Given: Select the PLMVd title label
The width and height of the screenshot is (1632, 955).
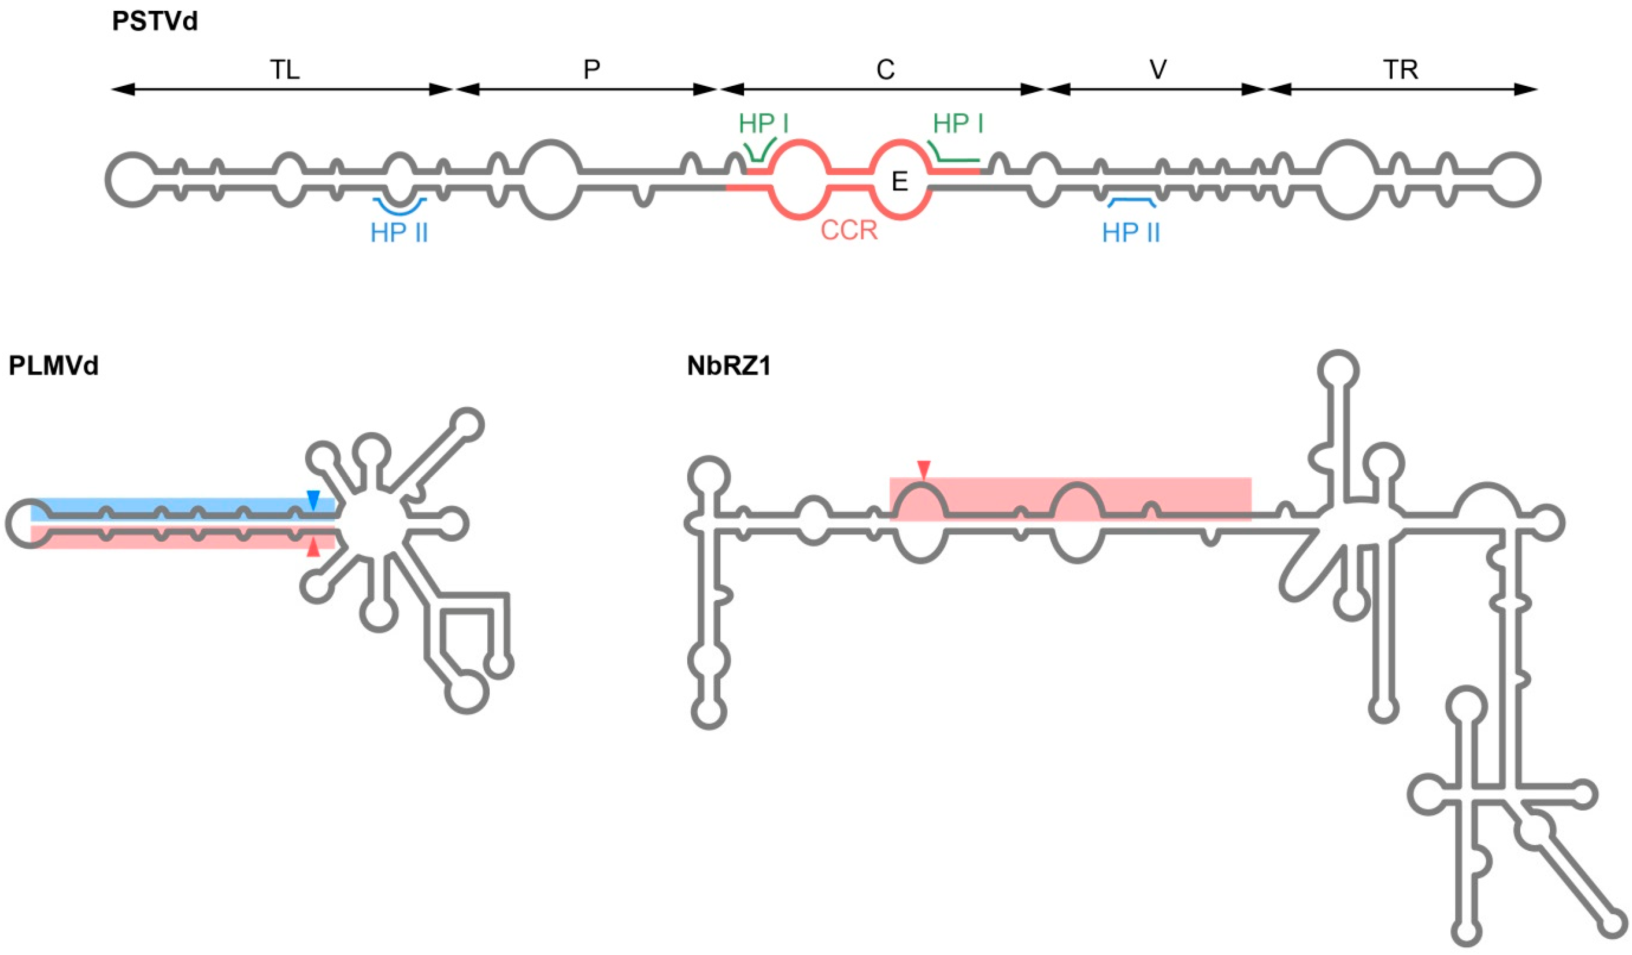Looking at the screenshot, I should (53, 366).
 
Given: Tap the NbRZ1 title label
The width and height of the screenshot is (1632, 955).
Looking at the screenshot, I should (729, 366).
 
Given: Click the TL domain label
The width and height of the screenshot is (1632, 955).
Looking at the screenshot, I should (285, 70).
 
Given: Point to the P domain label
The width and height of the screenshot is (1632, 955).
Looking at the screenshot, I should (591, 70).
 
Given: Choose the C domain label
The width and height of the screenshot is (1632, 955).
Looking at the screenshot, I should (885, 70).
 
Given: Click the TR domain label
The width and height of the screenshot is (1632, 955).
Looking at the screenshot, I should (1401, 70).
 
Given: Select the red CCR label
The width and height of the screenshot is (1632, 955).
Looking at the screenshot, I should (849, 230).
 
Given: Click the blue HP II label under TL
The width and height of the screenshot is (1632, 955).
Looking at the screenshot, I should (399, 233).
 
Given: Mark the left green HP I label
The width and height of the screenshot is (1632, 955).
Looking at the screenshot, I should (764, 123).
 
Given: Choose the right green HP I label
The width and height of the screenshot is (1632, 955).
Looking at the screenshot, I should (958, 123).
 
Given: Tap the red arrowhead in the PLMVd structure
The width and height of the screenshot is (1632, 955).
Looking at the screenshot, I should (313, 548).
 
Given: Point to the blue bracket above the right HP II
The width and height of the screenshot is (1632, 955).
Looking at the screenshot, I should (1132, 203).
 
